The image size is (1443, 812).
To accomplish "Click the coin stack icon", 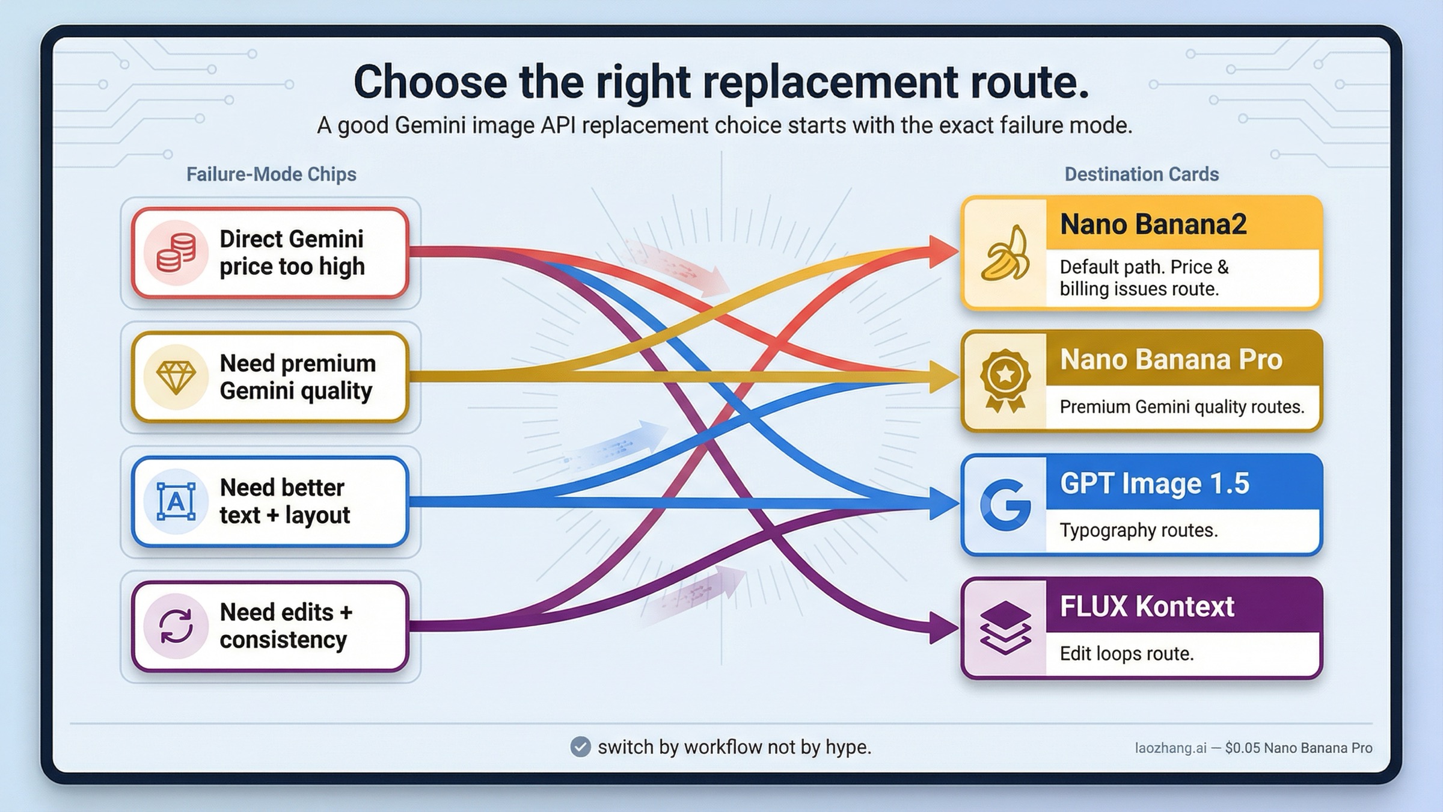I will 176,253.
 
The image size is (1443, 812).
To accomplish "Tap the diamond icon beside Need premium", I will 176,377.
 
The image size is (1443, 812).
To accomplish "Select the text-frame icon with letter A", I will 176,501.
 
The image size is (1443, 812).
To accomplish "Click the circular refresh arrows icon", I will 176,626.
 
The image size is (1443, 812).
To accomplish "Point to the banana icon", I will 1005,253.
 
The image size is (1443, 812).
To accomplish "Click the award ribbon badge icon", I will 1005,381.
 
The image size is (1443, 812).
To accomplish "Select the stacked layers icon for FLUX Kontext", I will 1005,627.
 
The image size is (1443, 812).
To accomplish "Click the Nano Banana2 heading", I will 1153,224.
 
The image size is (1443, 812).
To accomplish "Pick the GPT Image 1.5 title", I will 1154,484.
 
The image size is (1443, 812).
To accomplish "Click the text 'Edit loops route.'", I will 1126,654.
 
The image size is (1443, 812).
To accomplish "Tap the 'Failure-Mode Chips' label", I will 271,174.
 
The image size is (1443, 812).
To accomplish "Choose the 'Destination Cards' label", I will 1141,174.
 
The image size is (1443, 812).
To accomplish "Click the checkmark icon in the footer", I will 580,747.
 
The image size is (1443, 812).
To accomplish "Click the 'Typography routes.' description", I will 1138,531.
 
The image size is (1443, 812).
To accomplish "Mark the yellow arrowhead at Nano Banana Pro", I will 942,378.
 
